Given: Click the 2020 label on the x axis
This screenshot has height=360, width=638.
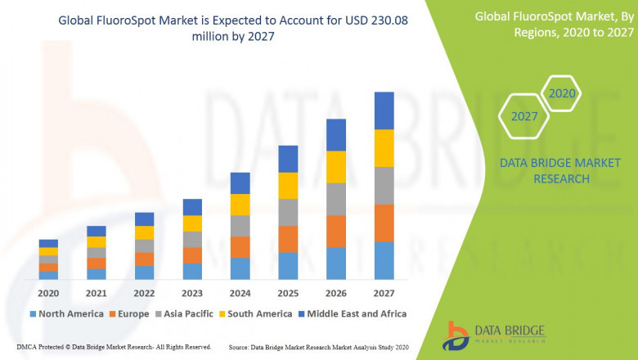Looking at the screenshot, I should pos(48,293).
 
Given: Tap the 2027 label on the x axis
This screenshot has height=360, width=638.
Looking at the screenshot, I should pos(384,293).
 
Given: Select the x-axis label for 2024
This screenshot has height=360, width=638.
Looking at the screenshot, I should pos(240,293).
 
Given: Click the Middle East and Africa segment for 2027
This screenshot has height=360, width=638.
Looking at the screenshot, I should pos(384,110).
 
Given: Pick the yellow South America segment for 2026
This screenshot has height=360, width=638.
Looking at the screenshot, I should pos(336,167).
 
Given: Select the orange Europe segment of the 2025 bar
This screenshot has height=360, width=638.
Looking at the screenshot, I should pos(288,239).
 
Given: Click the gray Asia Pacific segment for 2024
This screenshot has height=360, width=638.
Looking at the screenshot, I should pos(240,226).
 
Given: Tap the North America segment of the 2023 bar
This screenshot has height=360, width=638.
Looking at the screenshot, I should pos(192,271).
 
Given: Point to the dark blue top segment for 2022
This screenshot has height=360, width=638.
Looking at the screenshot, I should pos(144,219).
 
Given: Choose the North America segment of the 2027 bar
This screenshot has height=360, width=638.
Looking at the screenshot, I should pos(384,260).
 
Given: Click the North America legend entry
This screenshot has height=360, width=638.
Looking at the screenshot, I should pos(66,313).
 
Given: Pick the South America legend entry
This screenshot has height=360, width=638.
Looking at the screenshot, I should pos(256,313).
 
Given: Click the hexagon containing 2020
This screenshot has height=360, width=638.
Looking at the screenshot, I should pos(562,94).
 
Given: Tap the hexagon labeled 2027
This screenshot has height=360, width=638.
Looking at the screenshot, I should pos(524,116).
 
